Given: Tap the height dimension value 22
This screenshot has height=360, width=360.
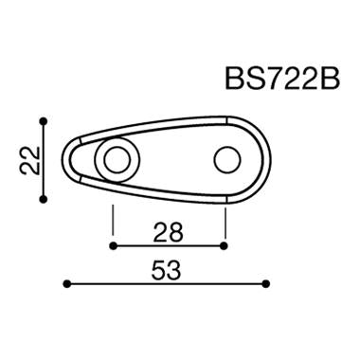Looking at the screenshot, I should click(29, 159).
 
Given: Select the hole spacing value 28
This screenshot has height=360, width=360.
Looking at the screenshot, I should click(169, 231).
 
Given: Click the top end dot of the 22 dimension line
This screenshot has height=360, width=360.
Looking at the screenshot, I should click(44, 120).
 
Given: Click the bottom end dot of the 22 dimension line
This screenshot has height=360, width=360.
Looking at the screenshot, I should click(44, 198).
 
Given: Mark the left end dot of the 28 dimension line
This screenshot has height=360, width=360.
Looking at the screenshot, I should click(113, 245).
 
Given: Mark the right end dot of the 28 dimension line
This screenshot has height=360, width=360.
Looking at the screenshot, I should click(225, 245).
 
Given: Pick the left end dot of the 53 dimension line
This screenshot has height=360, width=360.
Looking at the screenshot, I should click(65, 283).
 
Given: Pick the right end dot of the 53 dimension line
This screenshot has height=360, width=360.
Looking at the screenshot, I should click(267, 283).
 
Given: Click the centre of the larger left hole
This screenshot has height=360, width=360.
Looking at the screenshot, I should click(114, 159).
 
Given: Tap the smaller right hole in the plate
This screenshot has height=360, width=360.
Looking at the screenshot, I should click(225, 159).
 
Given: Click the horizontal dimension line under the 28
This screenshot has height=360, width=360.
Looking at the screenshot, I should click(169, 245).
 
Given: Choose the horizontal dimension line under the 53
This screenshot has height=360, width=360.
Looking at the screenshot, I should click(166, 283).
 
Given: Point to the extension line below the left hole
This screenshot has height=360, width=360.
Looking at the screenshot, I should click(113, 220).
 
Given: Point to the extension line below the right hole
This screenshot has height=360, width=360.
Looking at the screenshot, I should click(225, 220).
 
